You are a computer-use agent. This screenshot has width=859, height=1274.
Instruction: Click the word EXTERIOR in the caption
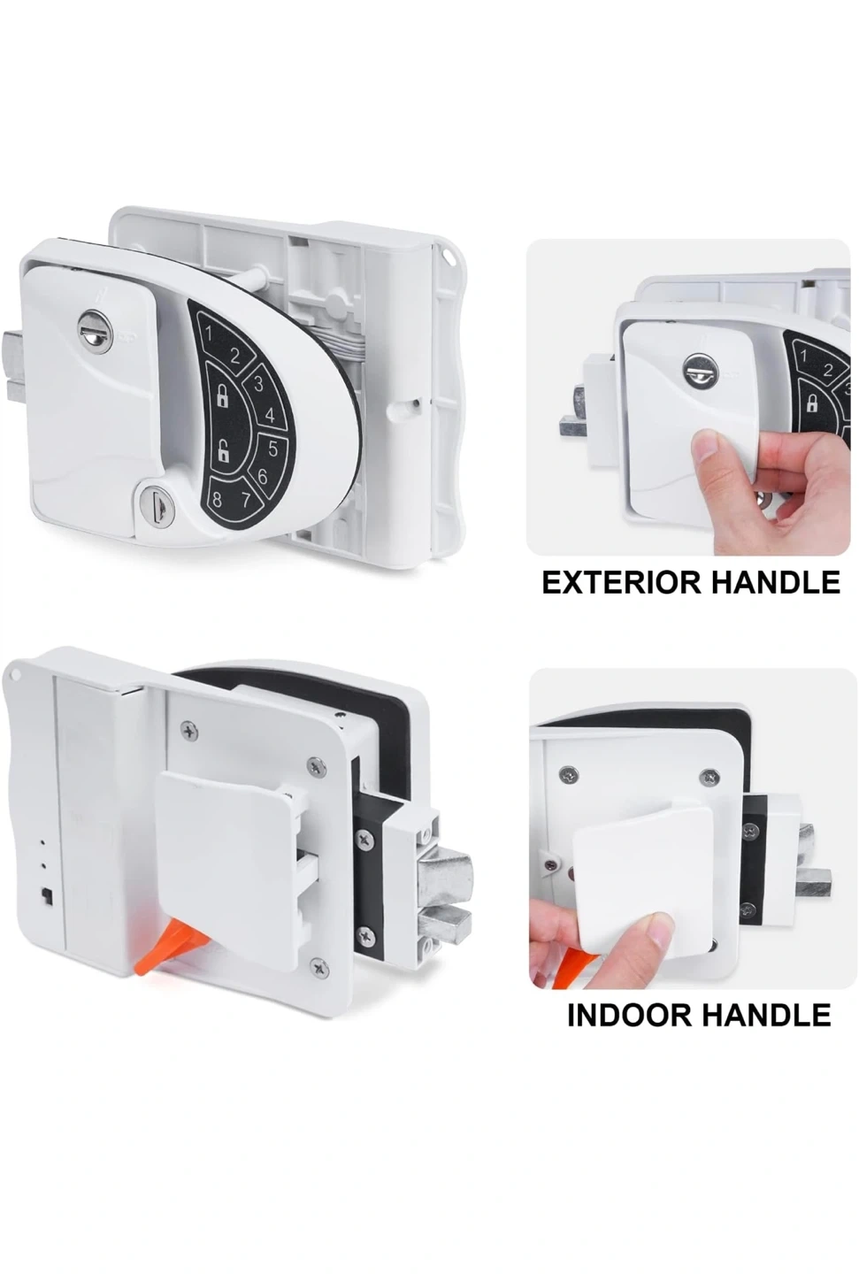[x=622, y=583]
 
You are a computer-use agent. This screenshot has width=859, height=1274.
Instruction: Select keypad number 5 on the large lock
[x=272, y=449]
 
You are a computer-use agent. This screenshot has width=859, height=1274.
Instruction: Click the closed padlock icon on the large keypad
[x=222, y=395]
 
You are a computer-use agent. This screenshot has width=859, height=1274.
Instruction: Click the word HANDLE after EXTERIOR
[x=776, y=583]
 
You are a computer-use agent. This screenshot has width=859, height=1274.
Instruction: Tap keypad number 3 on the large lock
[x=257, y=385]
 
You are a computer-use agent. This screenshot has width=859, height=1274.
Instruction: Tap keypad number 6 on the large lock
[x=263, y=476]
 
